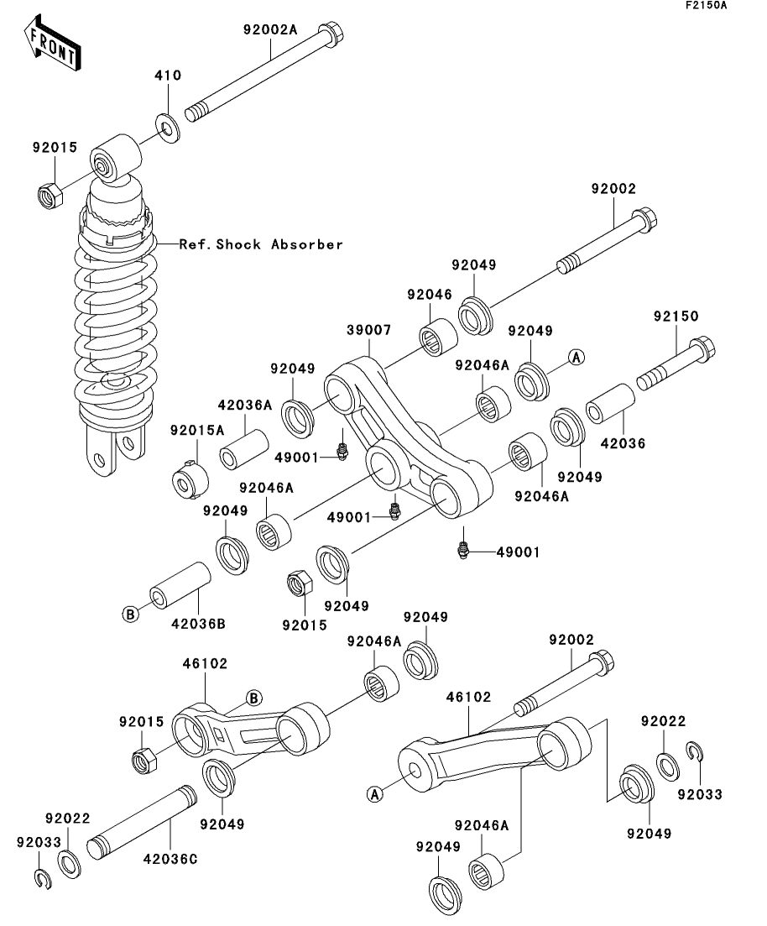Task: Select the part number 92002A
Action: coord(270,28)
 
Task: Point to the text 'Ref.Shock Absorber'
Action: coord(261,245)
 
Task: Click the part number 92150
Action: coord(676,317)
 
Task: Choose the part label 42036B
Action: coord(199,624)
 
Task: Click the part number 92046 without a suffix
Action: coord(430,295)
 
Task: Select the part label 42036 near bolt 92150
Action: coord(623,442)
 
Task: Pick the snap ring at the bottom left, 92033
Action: coord(42,879)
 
